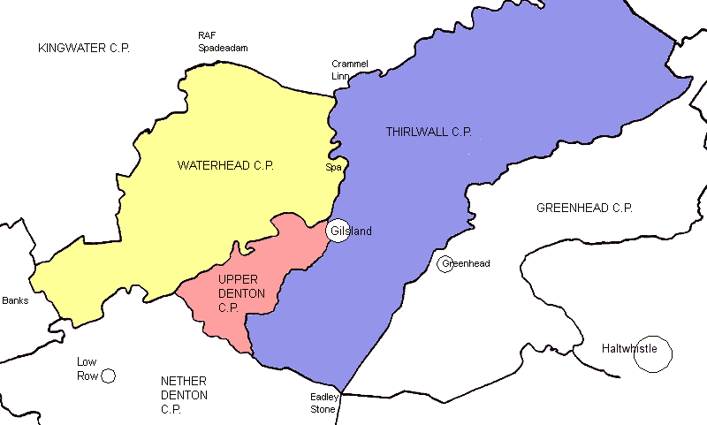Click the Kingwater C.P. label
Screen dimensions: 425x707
coord(84,47)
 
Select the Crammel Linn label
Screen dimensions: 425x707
coord(349,70)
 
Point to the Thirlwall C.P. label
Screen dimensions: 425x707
coord(429,133)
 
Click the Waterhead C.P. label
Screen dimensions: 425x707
coord(225,165)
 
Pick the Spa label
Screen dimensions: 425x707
coord(333,167)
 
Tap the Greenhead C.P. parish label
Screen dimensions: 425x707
coord(584,208)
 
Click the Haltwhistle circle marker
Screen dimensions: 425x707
coord(653,354)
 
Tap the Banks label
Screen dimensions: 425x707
coord(15,300)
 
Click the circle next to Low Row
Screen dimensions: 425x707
coord(108,376)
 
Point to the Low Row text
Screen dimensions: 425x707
coord(87,368)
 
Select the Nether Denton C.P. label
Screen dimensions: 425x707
coord(184,394)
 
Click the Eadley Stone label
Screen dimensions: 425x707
coord(323,403)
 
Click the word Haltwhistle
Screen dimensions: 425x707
coord(628,348)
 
